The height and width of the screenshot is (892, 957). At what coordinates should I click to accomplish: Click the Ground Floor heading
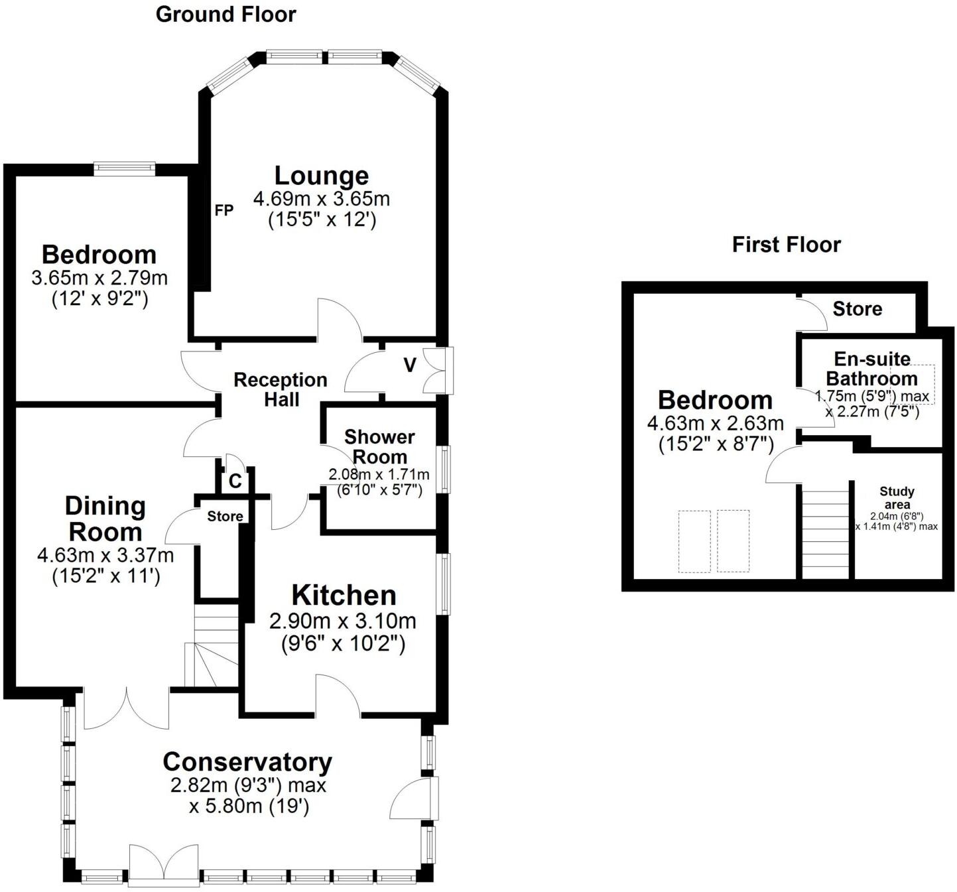225,15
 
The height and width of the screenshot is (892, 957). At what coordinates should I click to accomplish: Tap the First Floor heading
787,245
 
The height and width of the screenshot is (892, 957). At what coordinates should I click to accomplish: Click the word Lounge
322,176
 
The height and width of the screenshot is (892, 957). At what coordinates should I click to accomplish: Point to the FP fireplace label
224,210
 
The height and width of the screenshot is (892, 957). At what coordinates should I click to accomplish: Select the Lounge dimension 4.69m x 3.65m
322,198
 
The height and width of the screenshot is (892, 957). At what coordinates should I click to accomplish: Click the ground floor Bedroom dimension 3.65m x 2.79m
99,278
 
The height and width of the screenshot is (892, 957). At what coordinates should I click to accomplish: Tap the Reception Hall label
281,389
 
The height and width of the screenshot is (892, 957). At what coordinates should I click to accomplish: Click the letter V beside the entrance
410,365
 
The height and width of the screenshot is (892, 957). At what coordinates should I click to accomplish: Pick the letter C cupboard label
235,481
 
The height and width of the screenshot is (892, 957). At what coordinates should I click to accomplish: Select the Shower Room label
380,447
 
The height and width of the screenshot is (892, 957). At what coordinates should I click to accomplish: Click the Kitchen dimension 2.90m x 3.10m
343,621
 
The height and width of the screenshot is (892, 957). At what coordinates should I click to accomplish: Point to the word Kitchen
344,596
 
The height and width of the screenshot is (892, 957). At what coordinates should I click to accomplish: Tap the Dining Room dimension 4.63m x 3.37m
105,556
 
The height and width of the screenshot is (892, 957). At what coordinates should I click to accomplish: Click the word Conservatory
247,762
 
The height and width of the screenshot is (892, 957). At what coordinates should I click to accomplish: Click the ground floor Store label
225,516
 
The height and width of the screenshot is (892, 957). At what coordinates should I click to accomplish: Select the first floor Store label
858,309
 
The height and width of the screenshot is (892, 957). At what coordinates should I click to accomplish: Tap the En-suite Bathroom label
872,369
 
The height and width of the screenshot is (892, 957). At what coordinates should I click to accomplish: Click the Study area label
897,498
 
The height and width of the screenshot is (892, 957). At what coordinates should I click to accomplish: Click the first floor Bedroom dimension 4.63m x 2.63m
716,423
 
